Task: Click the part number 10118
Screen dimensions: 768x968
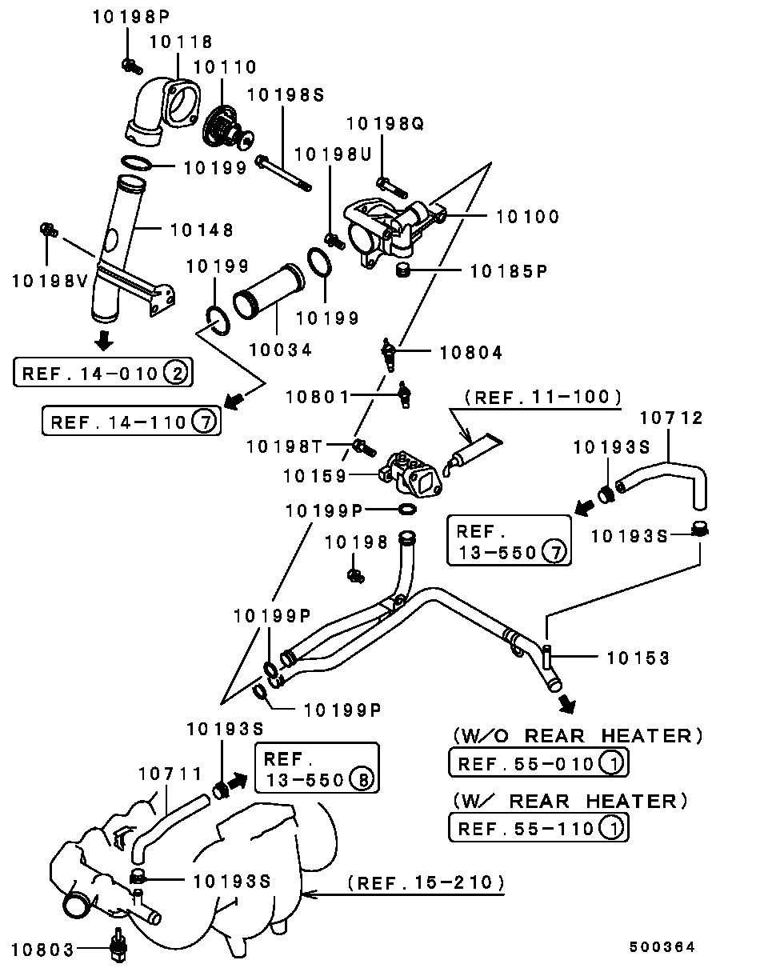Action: [181, 42]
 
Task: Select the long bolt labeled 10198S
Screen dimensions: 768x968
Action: [283, 174]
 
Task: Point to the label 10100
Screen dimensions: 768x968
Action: [527, 217]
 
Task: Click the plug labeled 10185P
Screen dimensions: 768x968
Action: [402, 270]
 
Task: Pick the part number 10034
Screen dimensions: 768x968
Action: [280, 350]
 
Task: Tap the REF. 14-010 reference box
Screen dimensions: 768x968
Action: [103, 372]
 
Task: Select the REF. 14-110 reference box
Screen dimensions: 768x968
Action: [131, 421]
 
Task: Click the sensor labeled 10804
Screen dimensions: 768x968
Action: [389, 354]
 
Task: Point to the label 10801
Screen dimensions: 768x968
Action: [317, 397]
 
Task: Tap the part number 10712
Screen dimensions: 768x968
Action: [671, 418]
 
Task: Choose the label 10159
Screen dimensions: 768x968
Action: [314, 476]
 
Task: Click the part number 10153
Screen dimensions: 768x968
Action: [638, 658]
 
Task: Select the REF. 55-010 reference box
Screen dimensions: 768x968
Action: [538, 763]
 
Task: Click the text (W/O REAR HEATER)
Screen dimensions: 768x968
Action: [578, 736]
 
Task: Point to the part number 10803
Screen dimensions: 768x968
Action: [42, 950]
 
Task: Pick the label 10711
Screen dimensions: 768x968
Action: [170, 774]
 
